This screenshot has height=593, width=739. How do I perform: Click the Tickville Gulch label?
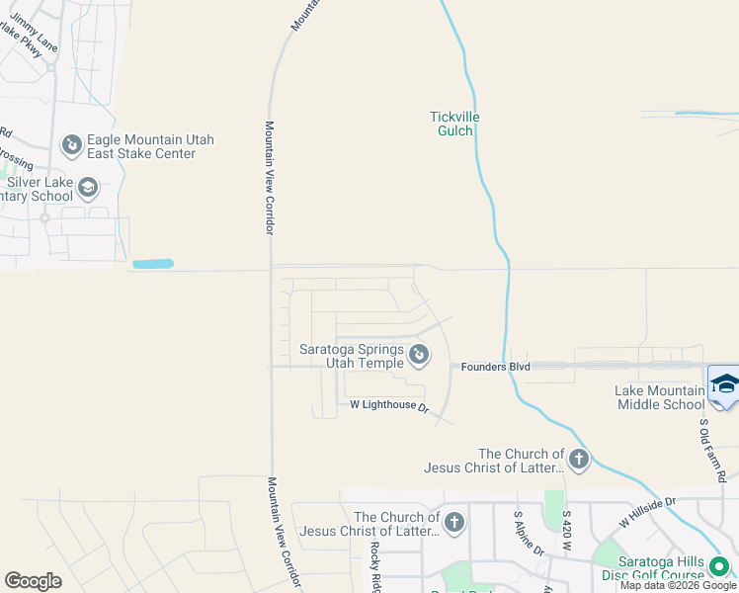pyautogui.click(x=454, y=124)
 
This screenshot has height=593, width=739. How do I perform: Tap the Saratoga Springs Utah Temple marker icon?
pyautogui.click(x=419, y=353)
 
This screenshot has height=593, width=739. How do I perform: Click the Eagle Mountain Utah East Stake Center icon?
pyautogui.click(x=71, y=146)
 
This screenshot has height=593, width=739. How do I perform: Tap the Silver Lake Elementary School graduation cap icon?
pyautogui.click(x=88, y=188)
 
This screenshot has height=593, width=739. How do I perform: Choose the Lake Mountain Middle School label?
pyautogui.click(x=660, y=397)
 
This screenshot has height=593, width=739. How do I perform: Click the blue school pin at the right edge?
pyautogui.click(x=724, y=384)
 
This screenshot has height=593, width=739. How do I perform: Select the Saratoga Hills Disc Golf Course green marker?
pyautogui.click(x=719, y=566)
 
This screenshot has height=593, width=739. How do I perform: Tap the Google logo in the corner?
pyautogui.click(x=33, y=581)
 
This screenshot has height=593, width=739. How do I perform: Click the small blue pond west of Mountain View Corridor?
pyautogui.click(x=152, y=264)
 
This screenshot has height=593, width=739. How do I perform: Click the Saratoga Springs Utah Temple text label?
pyautogui.click(x=352, y=356)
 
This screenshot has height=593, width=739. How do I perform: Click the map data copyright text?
pyautogui.click(x=679, y=585)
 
